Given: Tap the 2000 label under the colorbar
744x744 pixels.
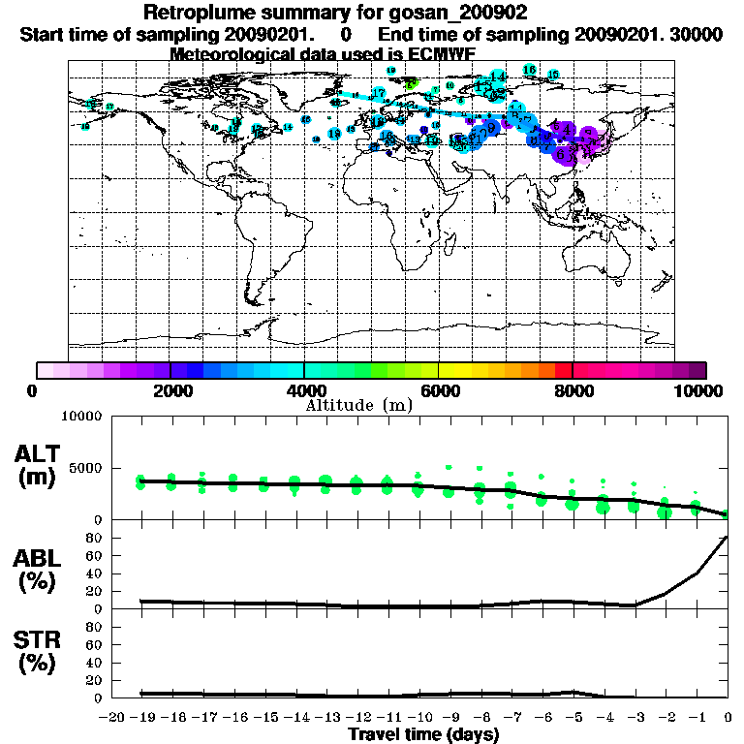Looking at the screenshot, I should coord(170,390).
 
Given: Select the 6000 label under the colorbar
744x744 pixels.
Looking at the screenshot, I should coord(438,390).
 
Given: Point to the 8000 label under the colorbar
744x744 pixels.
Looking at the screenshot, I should coord(572,390).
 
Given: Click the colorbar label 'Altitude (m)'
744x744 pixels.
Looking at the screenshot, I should coord(359,405).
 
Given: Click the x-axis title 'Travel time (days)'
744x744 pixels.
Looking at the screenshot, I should coord(423,734).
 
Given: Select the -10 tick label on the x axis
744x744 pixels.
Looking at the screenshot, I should coord(418,717).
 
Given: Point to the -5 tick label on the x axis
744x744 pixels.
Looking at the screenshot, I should coord(573,717).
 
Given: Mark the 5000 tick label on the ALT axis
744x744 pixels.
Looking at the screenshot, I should coord(85,467).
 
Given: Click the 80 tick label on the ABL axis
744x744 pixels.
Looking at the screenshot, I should coord(94,537).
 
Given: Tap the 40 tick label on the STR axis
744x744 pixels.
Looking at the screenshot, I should coord(94,663).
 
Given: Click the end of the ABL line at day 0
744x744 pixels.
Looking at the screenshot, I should coord(727,537).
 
